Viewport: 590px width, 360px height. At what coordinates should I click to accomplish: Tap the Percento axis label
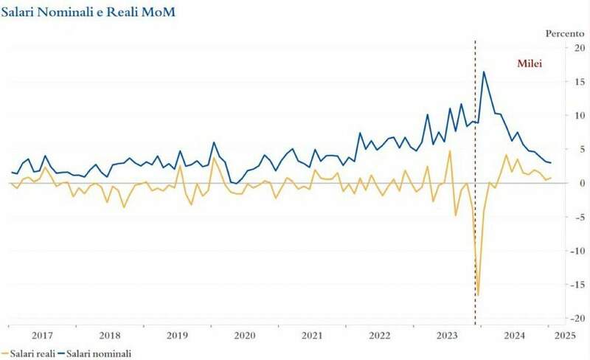(x=563, y=33)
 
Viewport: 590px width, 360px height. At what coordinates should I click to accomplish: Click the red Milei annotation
(x=529, y=64)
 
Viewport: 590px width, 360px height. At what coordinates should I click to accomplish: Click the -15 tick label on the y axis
(x=566, y=284)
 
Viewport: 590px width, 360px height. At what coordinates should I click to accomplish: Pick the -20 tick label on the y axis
(x=566, y=317)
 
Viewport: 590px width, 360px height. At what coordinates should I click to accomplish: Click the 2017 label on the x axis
(x=41, y=334)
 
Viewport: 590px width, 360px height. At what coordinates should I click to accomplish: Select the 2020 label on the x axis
(x=244, y=334)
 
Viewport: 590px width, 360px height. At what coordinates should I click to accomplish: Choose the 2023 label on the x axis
(x=446, y=334)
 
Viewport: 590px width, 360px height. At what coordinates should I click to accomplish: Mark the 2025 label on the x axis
(x=565, y=334)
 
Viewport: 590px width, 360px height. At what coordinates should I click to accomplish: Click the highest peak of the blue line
(x=484, y=72)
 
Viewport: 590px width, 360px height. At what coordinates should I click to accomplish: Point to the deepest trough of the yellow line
(x=478, y=295)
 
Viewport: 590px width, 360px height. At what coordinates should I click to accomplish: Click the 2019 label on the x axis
(x=177, y=334)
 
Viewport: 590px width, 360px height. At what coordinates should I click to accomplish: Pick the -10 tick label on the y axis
(x=566, y=250)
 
